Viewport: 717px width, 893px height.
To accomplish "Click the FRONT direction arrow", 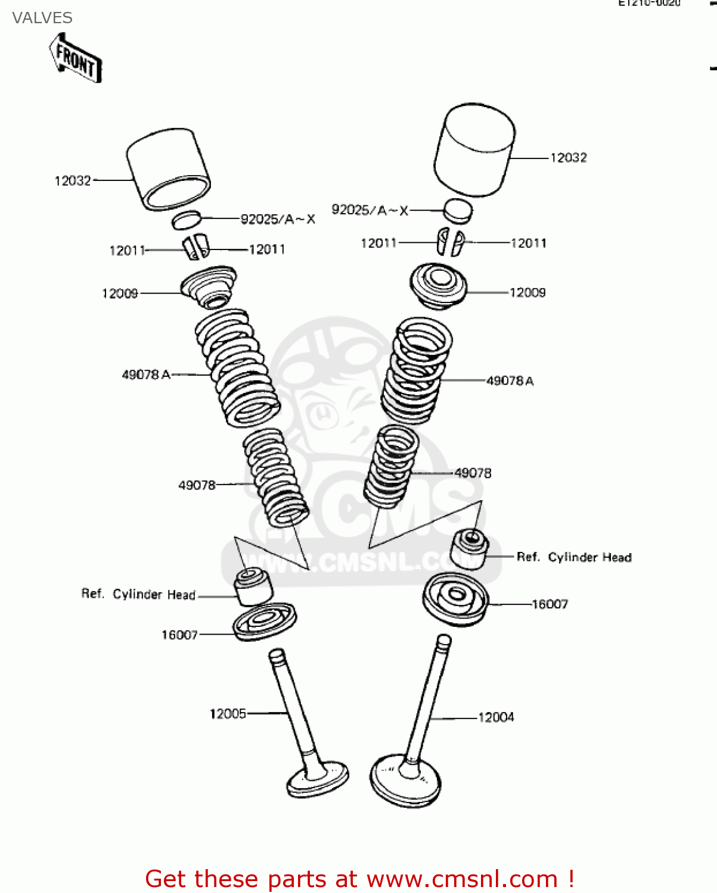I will click(76, 58).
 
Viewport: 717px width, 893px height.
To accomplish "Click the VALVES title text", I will click(42, 18).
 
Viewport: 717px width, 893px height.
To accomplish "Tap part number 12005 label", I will click(228, 713).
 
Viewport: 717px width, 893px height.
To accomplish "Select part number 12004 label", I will click(496, 717).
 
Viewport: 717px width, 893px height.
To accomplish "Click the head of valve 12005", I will click(318, 779).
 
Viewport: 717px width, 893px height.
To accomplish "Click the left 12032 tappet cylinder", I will click(168, 169).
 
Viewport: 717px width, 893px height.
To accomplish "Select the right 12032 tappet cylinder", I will click(474, 150).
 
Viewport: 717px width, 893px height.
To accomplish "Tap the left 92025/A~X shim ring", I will click(187, 220).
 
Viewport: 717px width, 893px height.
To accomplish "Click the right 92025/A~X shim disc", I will click(458, 210).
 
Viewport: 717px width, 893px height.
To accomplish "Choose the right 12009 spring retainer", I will click(438, 285).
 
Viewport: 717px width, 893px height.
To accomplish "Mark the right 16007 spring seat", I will click(455, 598).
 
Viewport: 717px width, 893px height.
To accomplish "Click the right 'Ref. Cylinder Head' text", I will click(573, 557).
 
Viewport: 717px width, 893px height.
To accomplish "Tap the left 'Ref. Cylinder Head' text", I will click(138, 594).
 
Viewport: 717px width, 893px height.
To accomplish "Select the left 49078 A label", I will click(146, 374).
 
